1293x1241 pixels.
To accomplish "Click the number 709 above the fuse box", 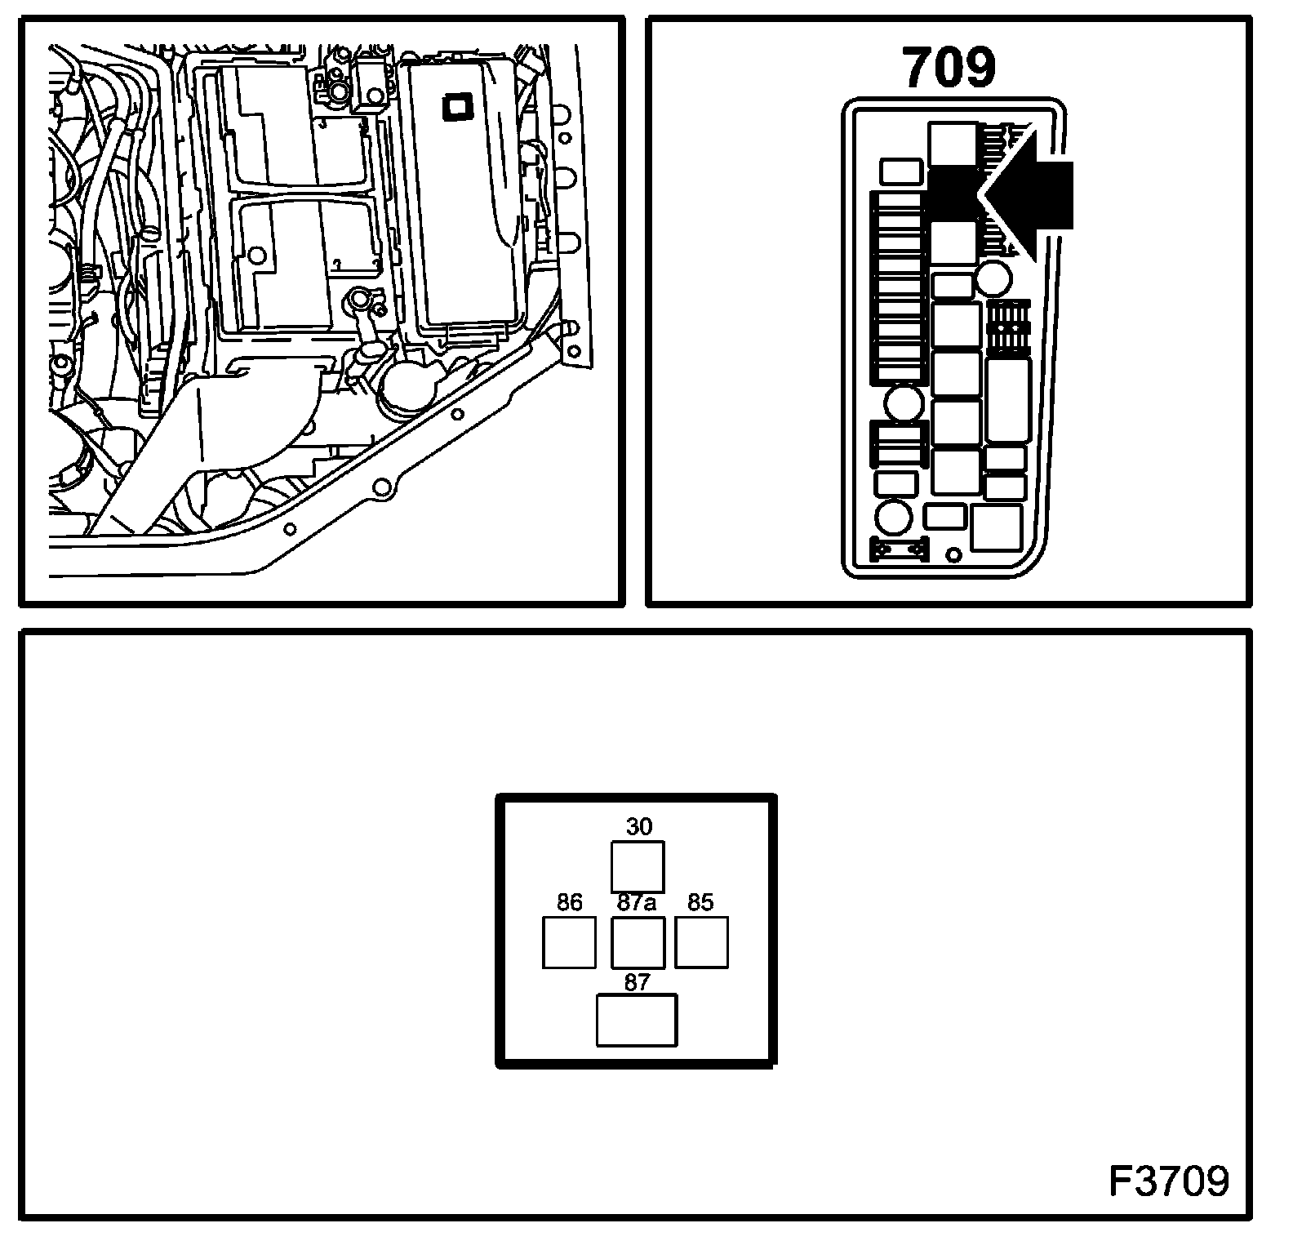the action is (949, 69).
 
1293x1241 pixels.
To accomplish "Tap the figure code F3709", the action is (1169, 1181).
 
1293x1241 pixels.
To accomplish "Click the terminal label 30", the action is (639, 827).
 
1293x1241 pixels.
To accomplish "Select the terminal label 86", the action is (569, 902).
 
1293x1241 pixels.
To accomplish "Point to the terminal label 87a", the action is (637, 903).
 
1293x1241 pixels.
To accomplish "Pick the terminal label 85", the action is (700, 902).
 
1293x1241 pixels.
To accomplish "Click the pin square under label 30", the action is (638, 866).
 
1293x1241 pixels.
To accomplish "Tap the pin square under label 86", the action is (569, 942).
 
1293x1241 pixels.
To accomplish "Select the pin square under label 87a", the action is (638, 942).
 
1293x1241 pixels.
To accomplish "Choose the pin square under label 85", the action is (701, 942).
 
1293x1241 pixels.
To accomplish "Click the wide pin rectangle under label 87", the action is (637, 1020).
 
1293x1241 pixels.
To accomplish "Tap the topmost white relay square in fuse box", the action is (953, 145).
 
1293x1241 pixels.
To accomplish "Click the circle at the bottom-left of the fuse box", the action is (894, 518).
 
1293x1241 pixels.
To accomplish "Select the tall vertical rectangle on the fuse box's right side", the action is (1007, 400).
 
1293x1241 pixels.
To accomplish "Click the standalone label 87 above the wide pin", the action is (637, 982).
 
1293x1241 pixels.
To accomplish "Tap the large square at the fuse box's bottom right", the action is (997, 527).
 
